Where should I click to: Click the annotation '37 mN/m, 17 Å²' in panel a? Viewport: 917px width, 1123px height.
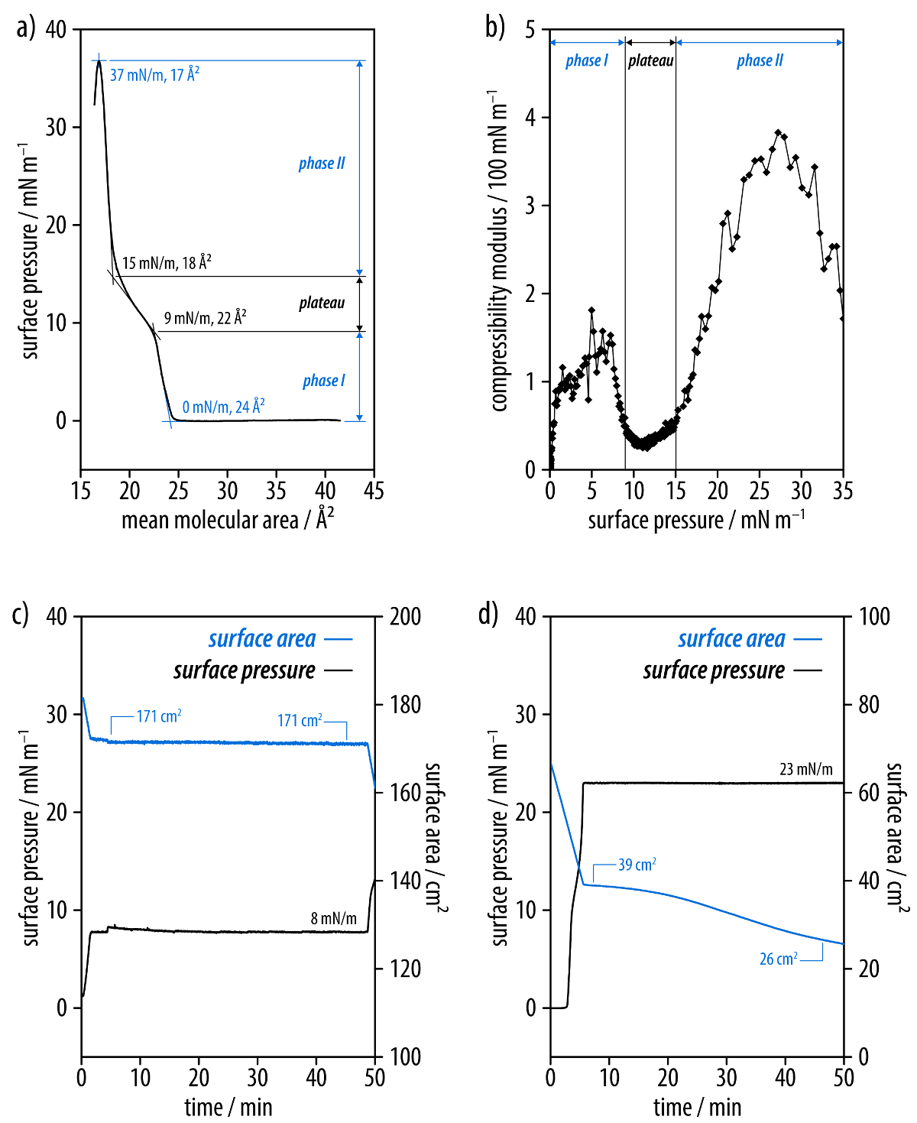[154, 74]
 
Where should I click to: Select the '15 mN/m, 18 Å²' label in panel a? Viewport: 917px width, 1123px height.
[167, 263]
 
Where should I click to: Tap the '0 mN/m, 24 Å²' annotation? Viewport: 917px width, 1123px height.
[223, 407]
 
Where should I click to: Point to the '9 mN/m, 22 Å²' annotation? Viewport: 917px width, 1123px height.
[205, 318]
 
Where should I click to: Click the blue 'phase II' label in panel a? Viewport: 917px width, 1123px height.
[321, 163]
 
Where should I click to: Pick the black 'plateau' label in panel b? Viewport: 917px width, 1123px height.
[650, 60]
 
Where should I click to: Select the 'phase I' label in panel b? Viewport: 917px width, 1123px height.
[586, 60]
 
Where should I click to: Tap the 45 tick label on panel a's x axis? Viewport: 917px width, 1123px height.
[374, 491]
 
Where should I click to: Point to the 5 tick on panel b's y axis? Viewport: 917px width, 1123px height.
[530, 30]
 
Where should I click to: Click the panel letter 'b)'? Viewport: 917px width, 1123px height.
[495, 28]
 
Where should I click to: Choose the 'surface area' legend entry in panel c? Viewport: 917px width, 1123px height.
[262, 639]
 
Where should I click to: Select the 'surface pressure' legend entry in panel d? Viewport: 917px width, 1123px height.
[714, 670]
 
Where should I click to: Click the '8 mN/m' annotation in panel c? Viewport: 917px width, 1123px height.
[333, 918]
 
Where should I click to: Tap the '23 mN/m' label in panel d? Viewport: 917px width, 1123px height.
[805, 769]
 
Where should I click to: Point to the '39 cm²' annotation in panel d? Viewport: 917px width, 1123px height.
[637, 865]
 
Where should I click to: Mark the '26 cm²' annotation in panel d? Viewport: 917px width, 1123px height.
[778, 959]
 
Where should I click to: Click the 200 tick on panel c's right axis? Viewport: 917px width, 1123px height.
[405, 616]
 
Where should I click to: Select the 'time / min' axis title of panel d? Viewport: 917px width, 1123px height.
[697, 1107]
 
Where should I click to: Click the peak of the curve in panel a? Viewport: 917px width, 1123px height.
[99, 61]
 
